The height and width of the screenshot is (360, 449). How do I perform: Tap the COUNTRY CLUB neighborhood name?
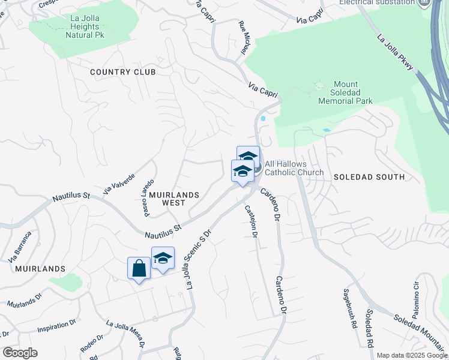[122, 72]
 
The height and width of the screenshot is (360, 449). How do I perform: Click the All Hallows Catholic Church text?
[294, 168]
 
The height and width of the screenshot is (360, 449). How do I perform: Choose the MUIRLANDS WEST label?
[171, 199]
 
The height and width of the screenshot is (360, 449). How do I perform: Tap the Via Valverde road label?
[118, 180]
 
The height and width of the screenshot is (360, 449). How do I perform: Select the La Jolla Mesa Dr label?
[125, 332]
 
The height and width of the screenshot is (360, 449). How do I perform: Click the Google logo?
[20, 353]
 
